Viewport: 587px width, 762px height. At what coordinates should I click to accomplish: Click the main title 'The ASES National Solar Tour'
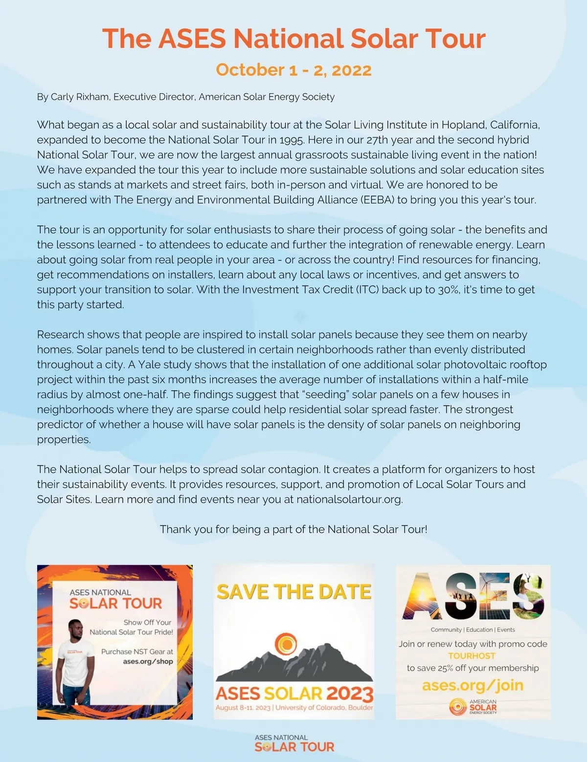293,39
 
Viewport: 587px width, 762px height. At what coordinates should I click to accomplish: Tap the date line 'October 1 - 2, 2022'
293,70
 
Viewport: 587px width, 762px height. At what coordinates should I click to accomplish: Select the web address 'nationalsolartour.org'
349,499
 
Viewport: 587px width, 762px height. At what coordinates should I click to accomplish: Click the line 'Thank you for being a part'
293,529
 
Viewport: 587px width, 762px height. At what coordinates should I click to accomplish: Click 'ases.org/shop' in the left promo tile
148,662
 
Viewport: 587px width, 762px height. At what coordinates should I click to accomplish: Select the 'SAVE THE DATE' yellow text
293,592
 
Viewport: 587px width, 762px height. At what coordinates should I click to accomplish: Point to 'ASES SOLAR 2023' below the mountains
294,694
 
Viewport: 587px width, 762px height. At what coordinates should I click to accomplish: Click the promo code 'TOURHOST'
472,656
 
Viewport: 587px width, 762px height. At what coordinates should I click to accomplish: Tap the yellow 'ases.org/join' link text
473,685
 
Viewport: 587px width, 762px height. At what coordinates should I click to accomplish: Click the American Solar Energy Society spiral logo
458,707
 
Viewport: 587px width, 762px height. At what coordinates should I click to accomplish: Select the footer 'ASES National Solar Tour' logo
294,743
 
